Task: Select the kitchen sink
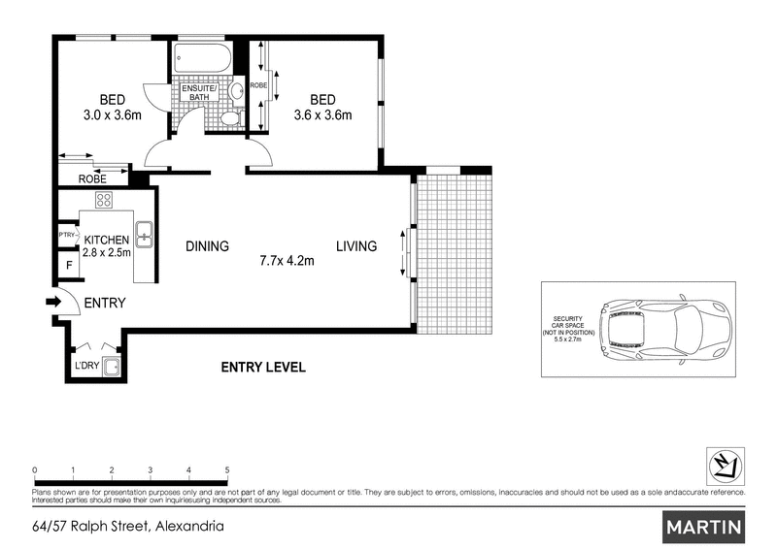143,233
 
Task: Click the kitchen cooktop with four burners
103,201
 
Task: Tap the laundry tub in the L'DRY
112,367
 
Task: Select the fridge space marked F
68,265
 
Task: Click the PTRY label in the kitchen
67,234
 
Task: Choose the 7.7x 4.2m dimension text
287,260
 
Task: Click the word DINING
207,246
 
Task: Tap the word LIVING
356,246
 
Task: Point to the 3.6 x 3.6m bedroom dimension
322,115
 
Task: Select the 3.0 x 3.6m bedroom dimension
114,115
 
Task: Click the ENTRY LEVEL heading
263,367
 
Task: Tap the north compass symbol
723,467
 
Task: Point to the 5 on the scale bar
226,469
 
